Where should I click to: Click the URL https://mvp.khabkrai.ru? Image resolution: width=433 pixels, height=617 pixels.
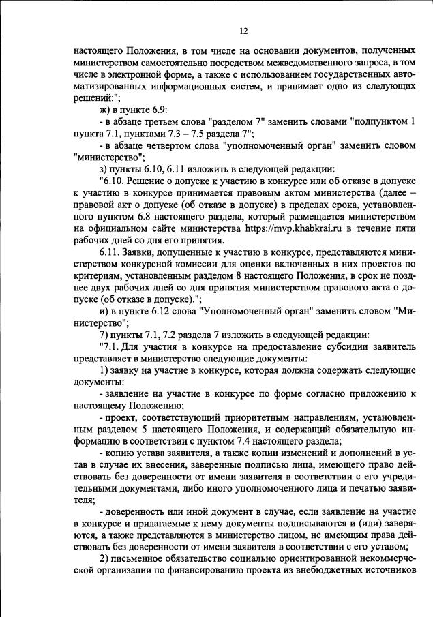click(293, 230)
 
